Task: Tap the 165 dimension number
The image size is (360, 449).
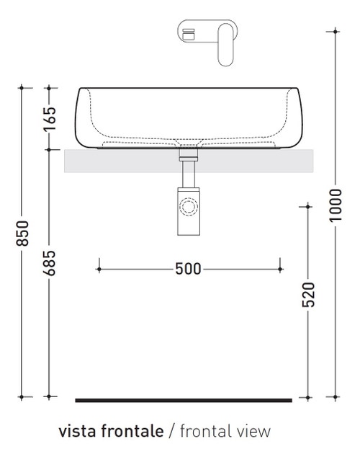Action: [x=48, y=119]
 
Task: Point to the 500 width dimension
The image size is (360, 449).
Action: [x=188, y=269]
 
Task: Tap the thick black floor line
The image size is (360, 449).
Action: [x=184, y=399]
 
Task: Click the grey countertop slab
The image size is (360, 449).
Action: [x=122, y=161]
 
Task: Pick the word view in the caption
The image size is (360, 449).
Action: [x=254, y=432]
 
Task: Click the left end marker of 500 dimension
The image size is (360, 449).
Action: [x=98, y=269]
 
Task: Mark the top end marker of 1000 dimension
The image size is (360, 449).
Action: [x=335, y=30]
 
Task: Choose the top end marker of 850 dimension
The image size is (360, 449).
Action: [x=22, y=88]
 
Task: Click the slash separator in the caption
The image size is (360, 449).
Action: [x=171, y=432]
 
